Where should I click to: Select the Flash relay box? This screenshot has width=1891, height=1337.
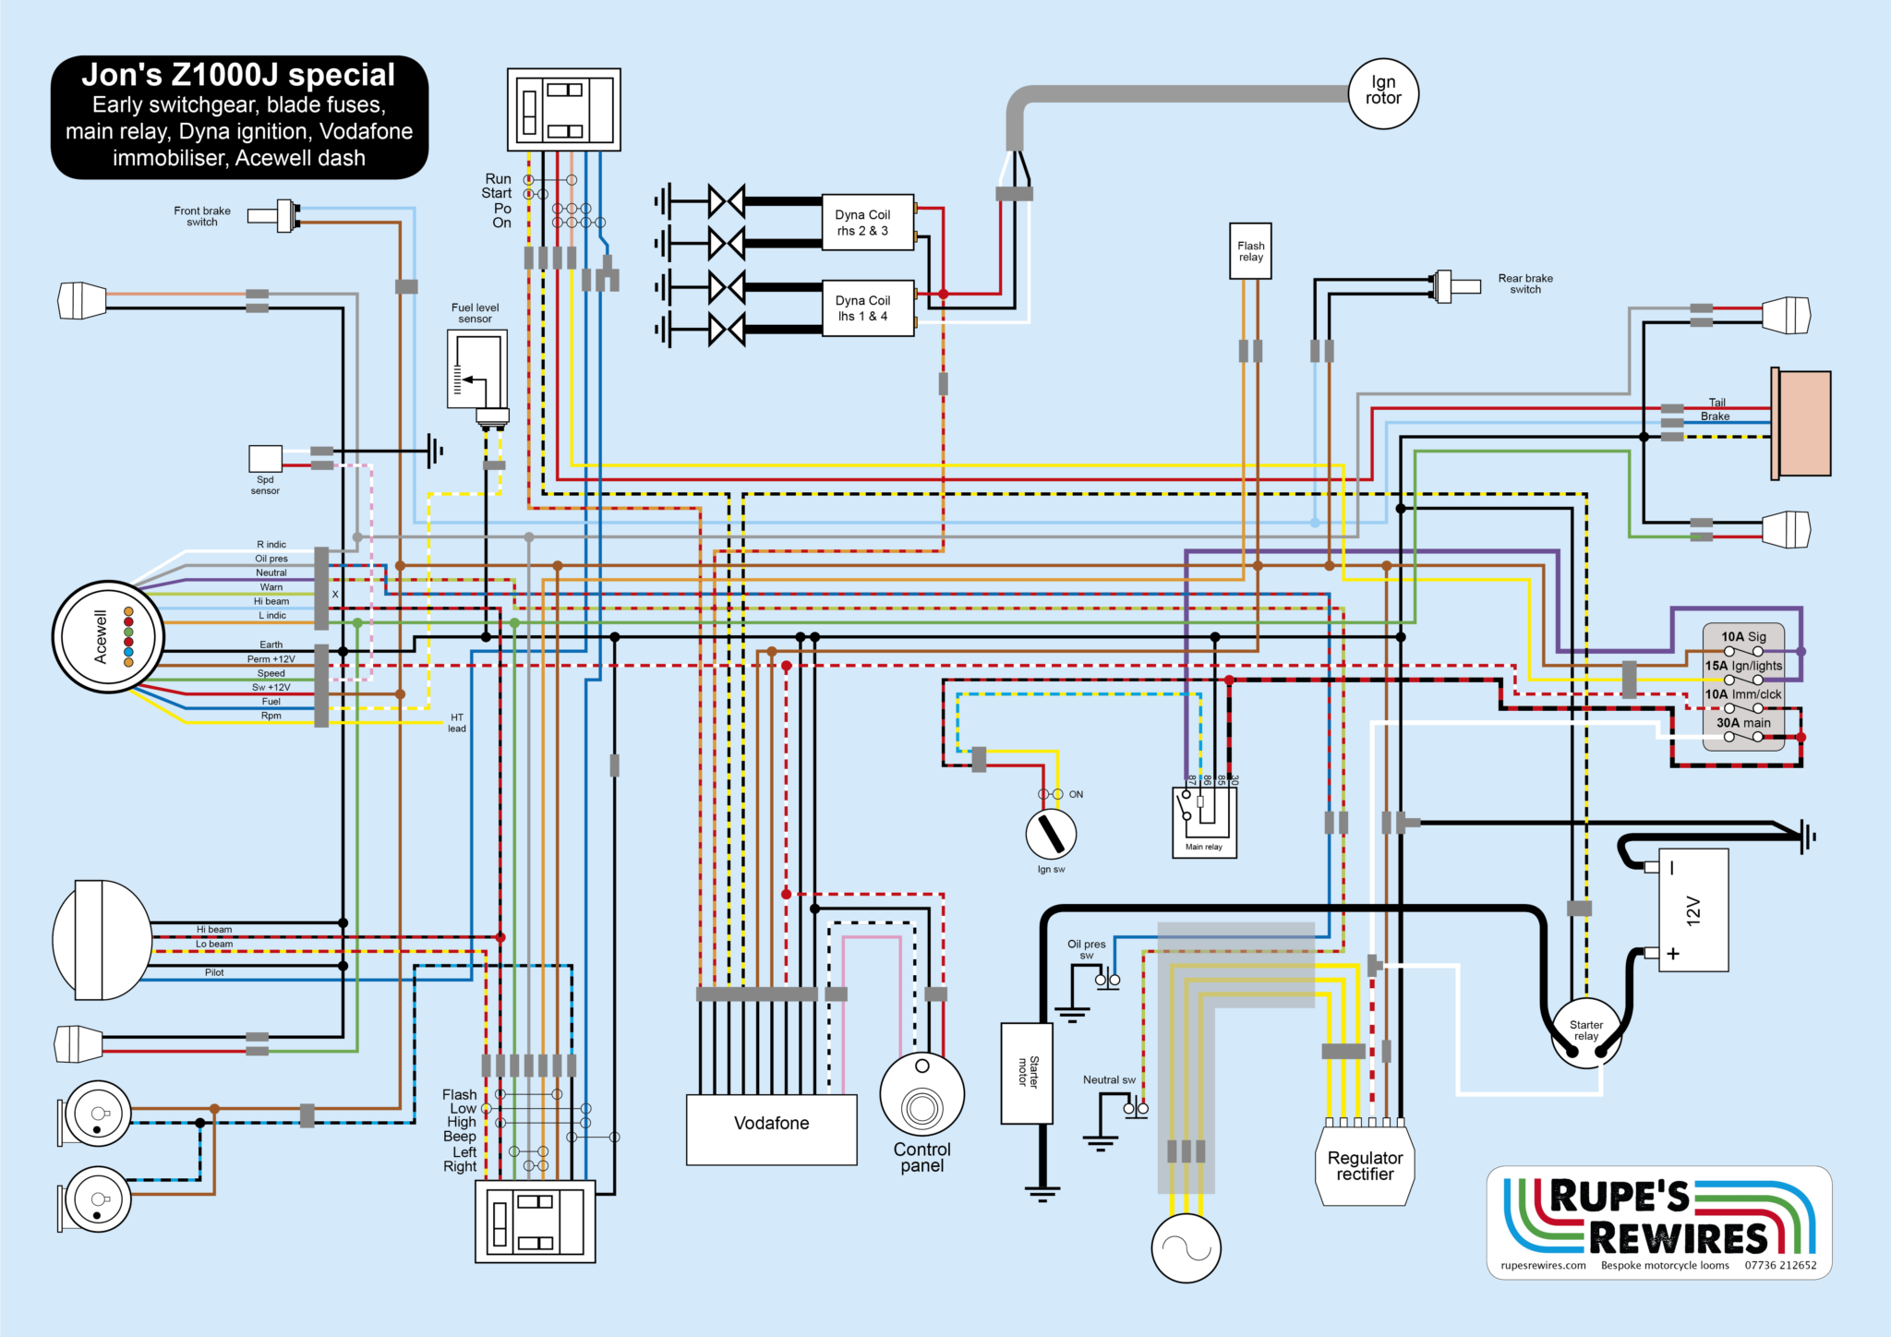click(1250, 250)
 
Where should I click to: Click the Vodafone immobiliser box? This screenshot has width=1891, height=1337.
click(771, 1128)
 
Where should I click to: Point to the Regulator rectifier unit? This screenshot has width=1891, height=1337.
click(1365, 1165)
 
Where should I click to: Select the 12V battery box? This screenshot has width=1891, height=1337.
click(1692, 910)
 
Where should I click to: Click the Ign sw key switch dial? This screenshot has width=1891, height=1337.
click(1051, 834)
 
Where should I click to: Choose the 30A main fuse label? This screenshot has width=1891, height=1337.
click(1743, 723)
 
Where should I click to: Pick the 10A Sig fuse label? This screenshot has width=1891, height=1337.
click(1743, 636)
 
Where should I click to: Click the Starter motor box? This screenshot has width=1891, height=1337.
click(1027, 1073)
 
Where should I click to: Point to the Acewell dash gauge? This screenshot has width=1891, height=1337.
click(108, 637)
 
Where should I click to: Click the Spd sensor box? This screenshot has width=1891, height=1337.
click(265, 458)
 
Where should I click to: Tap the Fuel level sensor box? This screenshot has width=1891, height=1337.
click(476, 368)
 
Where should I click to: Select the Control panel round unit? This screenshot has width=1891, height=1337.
click(921, 1095)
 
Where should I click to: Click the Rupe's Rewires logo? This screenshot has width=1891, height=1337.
click(1658, 1222)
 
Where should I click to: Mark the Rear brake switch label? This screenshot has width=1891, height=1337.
click(1525, 283)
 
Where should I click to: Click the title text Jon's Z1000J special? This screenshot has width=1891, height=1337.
click(238, 75)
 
